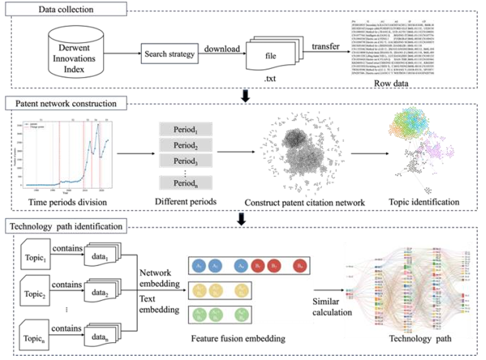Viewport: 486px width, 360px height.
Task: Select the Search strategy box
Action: (170, 55)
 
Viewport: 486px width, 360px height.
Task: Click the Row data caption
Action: (386, 84)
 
